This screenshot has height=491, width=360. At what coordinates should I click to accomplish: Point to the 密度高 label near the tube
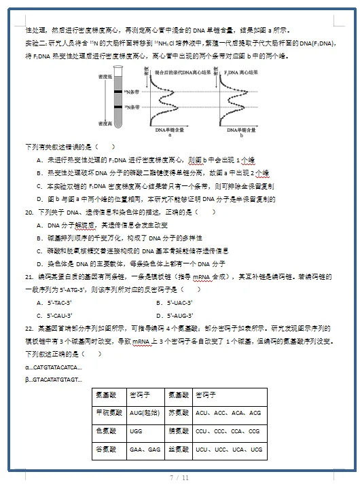coord(105,124)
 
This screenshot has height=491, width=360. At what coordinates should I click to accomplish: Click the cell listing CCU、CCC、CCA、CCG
coord(228,431)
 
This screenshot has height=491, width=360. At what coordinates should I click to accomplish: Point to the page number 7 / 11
coord(179,478)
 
